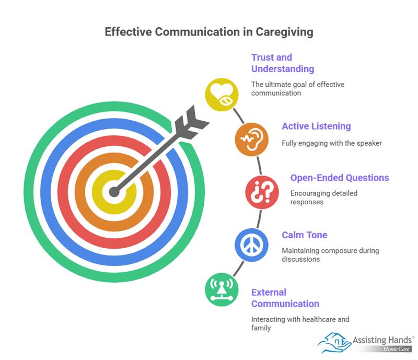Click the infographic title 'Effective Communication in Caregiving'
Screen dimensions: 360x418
[209, 32]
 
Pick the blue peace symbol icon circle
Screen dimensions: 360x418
[252, 244]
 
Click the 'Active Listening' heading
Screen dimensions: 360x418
[316, 126]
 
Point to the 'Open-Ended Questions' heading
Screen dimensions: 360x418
[340, 178]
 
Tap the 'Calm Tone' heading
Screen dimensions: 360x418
[305, 235]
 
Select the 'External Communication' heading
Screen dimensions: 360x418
[285, 298]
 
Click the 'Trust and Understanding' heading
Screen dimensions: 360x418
[282, 63]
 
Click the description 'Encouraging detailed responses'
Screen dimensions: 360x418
[324, 197]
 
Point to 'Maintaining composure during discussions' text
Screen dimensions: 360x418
[330, 254]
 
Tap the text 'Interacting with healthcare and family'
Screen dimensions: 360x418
[300, 323]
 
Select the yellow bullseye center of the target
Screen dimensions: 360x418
[104, 193]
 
